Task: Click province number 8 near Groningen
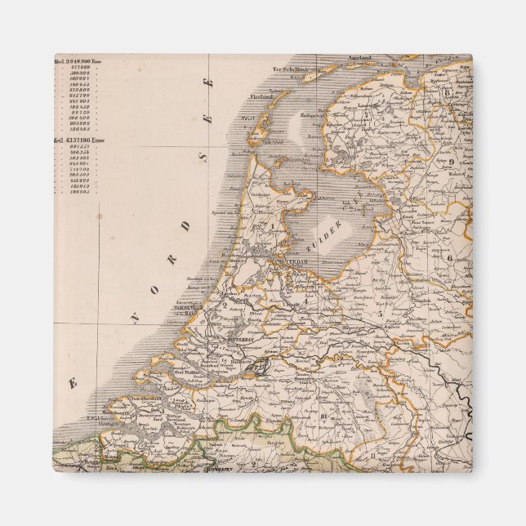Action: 448,91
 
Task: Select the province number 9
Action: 450,162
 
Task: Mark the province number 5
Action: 378,312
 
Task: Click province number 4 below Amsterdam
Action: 305,299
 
